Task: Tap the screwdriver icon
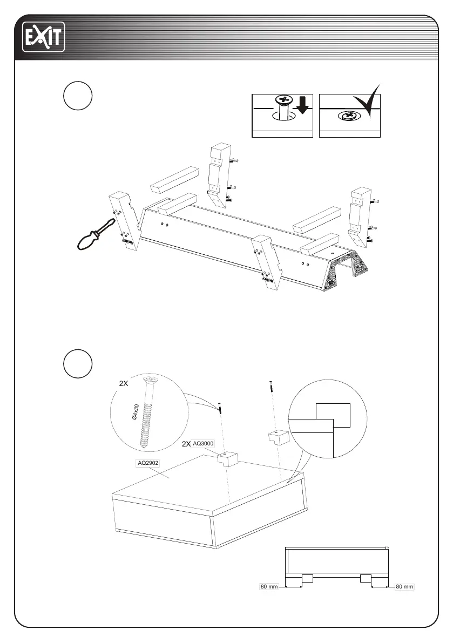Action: (93, 236)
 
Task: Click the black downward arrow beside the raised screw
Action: (302, 106)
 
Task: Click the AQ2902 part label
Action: (147, 463)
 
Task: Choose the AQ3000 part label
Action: (204, 443)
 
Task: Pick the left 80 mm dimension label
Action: (268, 586)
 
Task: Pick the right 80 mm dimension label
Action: (404, 586)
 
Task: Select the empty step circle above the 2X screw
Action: (77, 363)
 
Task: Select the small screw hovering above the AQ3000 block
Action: (220, 407)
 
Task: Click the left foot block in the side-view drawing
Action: (307, 579)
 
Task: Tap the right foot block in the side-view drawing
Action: (365, 579)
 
